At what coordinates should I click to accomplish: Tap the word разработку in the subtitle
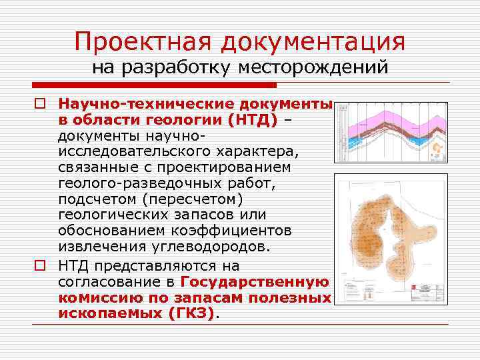coord(176,67)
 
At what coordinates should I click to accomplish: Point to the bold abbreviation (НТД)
coord(253,119)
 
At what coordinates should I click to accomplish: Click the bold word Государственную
coord(256,281)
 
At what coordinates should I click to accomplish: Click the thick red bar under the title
coord(153,85)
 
